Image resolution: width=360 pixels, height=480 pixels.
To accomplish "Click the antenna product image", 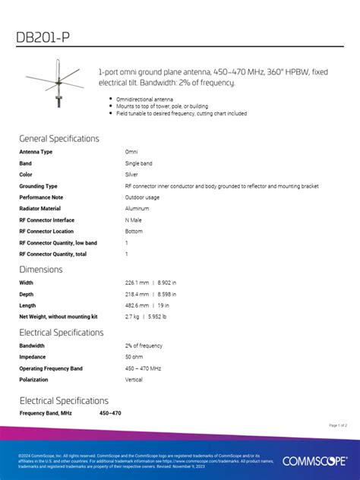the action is pos(55,84).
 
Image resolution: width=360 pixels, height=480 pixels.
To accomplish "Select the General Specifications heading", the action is pos(59,139).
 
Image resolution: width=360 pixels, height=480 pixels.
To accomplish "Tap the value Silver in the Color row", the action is pos(132,175).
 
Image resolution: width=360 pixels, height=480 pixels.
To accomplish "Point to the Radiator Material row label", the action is pos(39,208).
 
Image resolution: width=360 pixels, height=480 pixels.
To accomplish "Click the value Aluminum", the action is pos(137,208).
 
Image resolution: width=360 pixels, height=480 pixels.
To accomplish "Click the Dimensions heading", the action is pos(41,270).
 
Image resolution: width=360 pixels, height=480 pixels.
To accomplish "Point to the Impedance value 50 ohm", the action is pos(134,357).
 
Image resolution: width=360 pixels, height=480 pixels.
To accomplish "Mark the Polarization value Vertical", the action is pos(134,380).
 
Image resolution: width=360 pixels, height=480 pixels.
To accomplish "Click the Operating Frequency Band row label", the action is pos(51,368).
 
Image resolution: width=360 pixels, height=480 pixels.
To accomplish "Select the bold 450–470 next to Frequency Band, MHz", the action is pos(110,413).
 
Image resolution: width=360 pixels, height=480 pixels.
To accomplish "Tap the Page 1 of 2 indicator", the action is pos(338,425).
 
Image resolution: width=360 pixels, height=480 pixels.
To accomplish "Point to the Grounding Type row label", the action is pos(38,186).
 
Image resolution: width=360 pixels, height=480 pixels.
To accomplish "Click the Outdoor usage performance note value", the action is pos(142,197).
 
